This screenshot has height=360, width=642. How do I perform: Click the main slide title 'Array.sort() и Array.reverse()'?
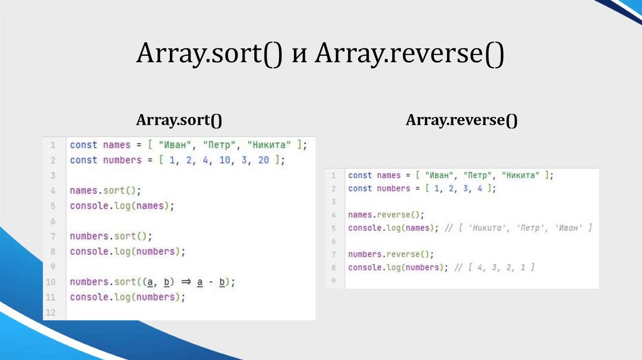[320, 55]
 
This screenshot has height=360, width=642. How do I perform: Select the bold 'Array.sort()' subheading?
[179, 120]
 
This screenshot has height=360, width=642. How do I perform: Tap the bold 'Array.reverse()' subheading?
[461, 120]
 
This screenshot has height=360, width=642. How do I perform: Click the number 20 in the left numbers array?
[263, 160]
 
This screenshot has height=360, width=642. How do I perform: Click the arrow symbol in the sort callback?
[185, 282]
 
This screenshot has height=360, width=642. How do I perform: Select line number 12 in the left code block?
[51, 312]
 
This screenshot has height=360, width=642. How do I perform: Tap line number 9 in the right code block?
[334, 281]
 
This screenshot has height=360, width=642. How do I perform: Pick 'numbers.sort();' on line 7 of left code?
[111, 236]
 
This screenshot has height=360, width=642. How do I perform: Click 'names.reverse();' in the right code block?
[386, 214]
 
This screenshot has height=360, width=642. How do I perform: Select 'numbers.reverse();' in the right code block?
[391, 254]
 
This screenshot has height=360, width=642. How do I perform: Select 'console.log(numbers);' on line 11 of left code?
[127, 297]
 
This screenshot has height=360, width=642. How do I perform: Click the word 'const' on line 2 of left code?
[83, 160]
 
